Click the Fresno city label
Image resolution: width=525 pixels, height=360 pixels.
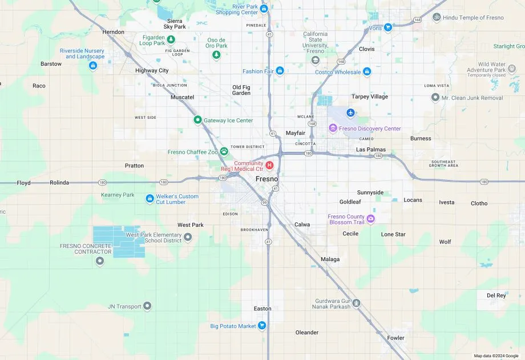[x=266, y=179]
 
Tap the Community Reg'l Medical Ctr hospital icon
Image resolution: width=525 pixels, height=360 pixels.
[x=270, y=165]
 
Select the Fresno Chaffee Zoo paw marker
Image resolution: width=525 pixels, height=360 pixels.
[x=224, y=151]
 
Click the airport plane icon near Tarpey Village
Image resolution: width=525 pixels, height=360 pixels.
[x=350, y=113]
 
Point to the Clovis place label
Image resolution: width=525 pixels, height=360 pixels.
[x=366, y=49]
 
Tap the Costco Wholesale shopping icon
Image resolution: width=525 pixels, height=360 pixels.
[x=367, y=72]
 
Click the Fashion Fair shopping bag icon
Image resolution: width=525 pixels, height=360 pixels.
[x=280, y=71]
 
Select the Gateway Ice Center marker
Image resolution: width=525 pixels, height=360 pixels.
[x=197, y=120]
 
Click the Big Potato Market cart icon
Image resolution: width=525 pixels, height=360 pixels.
[x=262, y=326]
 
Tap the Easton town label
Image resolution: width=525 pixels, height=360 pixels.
[x=262, y=309]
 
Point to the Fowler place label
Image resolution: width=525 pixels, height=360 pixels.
[x=395, y=338]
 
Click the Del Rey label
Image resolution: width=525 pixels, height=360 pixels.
[x=496, y=295]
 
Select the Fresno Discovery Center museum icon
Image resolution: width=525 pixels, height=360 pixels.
[x=333, y=128]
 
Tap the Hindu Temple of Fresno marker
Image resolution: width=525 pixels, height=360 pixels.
[x=437, y=18]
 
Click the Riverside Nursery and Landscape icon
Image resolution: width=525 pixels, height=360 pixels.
[x=92, y=66]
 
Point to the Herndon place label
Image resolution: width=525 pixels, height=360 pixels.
[x=113, y=32]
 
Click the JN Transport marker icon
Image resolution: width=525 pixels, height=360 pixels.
[x=147, y=306]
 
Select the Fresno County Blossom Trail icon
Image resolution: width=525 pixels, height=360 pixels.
[x=371, y=219]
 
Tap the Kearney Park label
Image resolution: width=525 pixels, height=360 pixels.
[x=118, y=195]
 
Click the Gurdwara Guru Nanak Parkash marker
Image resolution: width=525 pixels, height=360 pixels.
[x=356, y=303]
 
